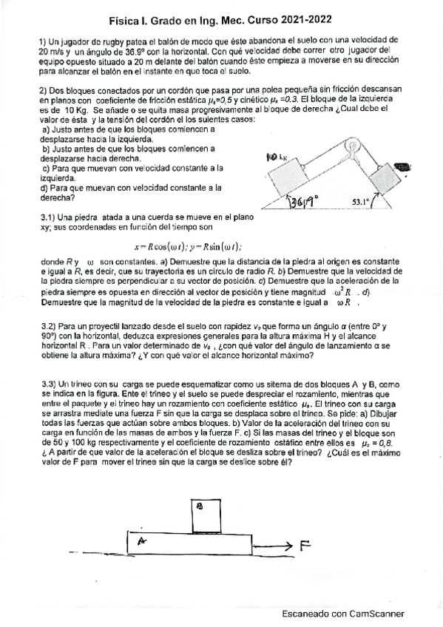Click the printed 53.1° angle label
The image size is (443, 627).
[x=362, y=201]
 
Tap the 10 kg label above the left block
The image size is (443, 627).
[x=275, y=157]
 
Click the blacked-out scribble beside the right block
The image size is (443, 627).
[x=403, y=168]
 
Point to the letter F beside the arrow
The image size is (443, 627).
[x=305, y=546]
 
